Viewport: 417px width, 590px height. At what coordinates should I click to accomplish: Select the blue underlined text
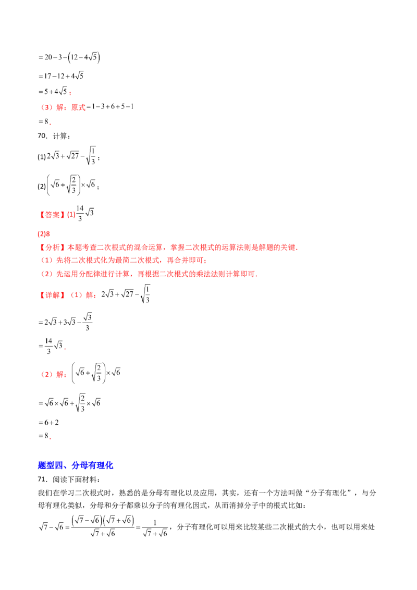(76, 465)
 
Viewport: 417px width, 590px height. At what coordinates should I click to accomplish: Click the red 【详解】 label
(52, 296)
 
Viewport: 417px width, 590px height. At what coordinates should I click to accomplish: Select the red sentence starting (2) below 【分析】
(151, 274)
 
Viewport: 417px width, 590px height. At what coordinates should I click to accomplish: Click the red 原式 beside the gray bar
(78, 108)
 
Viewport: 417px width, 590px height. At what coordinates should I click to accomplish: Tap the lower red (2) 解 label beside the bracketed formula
(54, 374)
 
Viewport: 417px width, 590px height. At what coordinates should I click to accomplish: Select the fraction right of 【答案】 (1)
(88, 213)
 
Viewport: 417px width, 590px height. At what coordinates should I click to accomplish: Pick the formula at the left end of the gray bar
(112, 107)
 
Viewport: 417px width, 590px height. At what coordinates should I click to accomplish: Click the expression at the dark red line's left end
(54, 93)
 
